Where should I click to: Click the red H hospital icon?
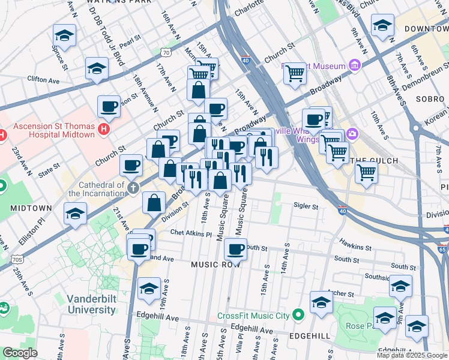pos(104,128)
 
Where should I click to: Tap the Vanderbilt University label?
pos(91,304)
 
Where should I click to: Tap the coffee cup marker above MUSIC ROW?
pos(235,248)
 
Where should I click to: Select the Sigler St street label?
pos(306,206)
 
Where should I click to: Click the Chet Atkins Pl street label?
pos(191,233)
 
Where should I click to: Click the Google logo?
pos(19,353)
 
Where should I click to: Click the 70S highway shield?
pos(17,259)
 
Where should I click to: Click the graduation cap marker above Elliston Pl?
pos(76,214)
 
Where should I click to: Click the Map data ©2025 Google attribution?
pos(412,355)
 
